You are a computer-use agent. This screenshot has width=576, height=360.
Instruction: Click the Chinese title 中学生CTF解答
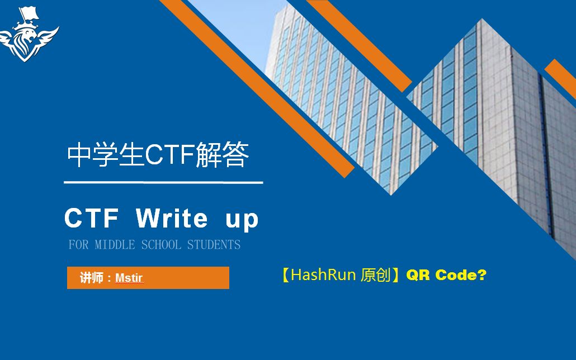coord(158,156)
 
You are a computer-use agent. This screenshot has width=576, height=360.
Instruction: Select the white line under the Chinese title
coord(163,182)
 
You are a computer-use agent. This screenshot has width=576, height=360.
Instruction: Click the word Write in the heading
coord(172,219)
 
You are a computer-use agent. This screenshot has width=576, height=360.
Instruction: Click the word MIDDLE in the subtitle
coord(115,245)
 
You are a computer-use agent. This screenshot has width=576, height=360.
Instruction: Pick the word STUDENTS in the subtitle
coord(214,245)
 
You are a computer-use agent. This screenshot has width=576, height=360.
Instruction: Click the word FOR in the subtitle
coord(79,245)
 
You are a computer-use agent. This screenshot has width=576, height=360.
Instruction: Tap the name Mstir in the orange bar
coord(129,278)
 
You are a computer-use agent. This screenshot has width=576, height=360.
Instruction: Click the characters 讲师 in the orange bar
coord(91,278)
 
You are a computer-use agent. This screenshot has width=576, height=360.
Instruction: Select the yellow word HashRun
coord(324,275)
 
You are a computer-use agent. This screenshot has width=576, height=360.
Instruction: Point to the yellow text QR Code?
coord(446,275)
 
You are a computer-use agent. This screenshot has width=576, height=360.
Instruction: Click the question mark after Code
coord(481,275)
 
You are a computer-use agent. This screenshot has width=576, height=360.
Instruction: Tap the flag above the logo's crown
coord(26,12)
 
